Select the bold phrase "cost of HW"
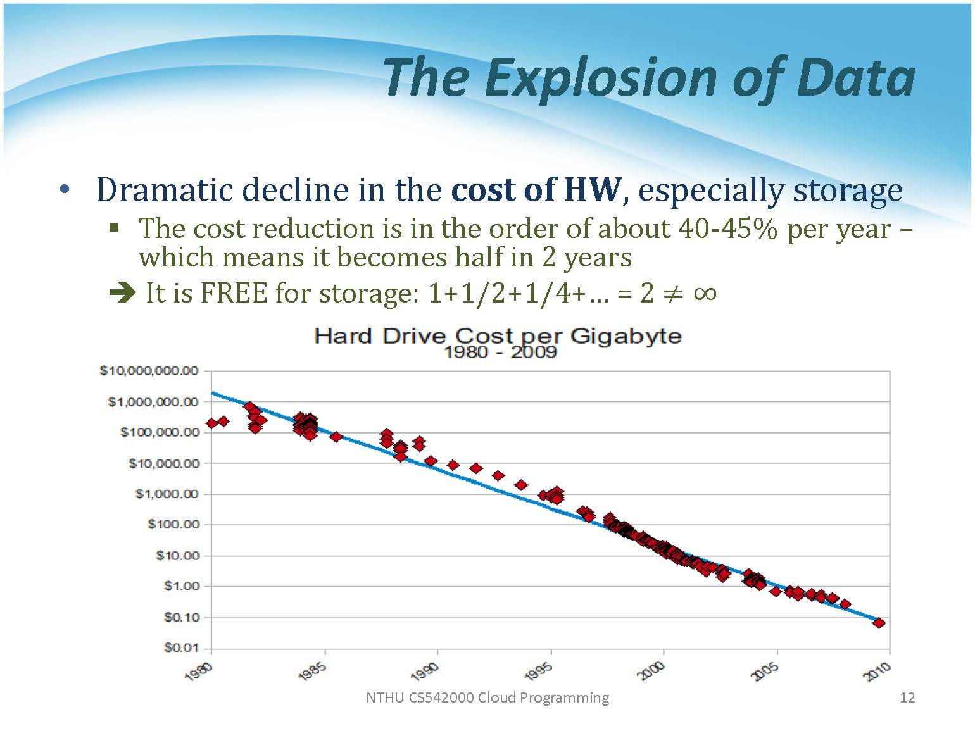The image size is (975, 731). tap(536, 189)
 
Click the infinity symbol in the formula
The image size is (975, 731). tap(705, 293)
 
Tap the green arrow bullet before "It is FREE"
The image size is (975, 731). tap(122, 292)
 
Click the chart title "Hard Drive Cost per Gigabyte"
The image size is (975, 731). tap(498, 335)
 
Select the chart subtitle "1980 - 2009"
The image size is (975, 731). tap(500, 352)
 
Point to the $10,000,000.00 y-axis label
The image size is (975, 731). tap(149, 371)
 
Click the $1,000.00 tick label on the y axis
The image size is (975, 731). tap(167, 494)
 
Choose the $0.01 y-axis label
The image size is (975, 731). tap(181, 647)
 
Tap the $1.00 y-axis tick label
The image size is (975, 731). tap(181, 586)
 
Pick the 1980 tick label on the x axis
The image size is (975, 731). tap(199, 672)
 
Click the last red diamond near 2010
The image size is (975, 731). tap(878, 623)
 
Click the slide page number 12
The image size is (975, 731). tap(907, 697)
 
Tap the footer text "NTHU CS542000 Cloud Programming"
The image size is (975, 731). tap(487, 697)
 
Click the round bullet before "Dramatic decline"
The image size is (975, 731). tap(65, 189)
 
